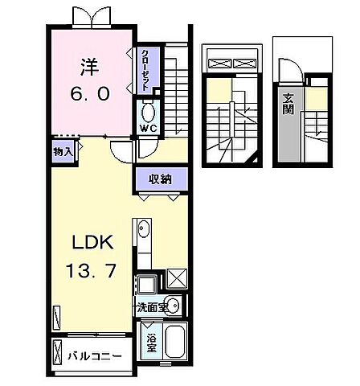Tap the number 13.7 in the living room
pos(85,271)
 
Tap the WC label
pos(149,127)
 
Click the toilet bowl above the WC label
pos(149,110)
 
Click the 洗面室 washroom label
pos(151,306)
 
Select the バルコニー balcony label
pos(95,355)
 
